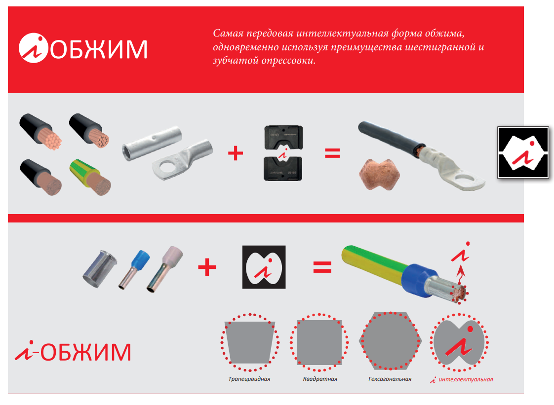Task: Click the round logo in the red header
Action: pos(33,48)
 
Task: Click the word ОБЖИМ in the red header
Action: pos(99,49)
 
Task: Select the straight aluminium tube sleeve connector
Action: pos(152,143)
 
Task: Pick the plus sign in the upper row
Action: pos(236,153)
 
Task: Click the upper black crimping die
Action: pos(283,138)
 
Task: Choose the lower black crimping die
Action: pos(283,168)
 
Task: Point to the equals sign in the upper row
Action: pos(332,153)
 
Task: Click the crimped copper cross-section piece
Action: pos(379,175)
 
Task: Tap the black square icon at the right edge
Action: pos(523,152)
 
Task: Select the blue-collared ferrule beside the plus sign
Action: pos(134,269)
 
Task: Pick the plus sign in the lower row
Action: pos(207,267)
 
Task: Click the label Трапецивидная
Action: pos(249,379)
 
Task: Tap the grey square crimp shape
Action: pos(319,342)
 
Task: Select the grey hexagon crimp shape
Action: pos(390,340)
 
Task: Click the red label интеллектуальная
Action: pos(466,379)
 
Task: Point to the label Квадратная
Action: pos(320,379)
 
